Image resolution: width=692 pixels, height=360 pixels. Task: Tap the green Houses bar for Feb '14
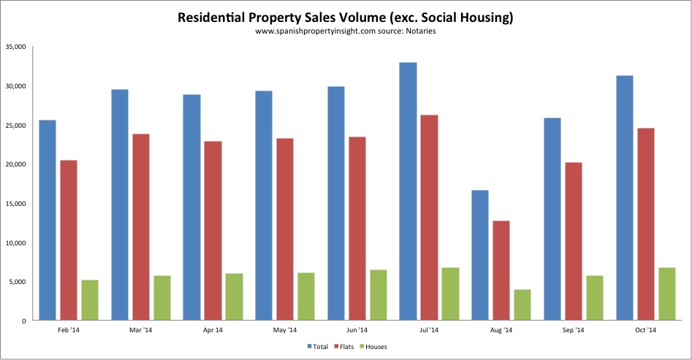(x=89, y=300)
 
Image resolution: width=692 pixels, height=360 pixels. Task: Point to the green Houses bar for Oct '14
(x=667, y=294)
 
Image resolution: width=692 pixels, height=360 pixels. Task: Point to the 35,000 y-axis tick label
(x=15, y=47)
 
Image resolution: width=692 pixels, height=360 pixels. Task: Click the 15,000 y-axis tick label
(x=15, y=204)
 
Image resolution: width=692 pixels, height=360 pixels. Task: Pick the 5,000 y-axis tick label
(x=17, y=282)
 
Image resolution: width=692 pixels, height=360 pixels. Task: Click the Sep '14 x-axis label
(x=574, y=331)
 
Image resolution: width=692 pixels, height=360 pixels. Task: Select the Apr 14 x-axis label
(x=212, y=331)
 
